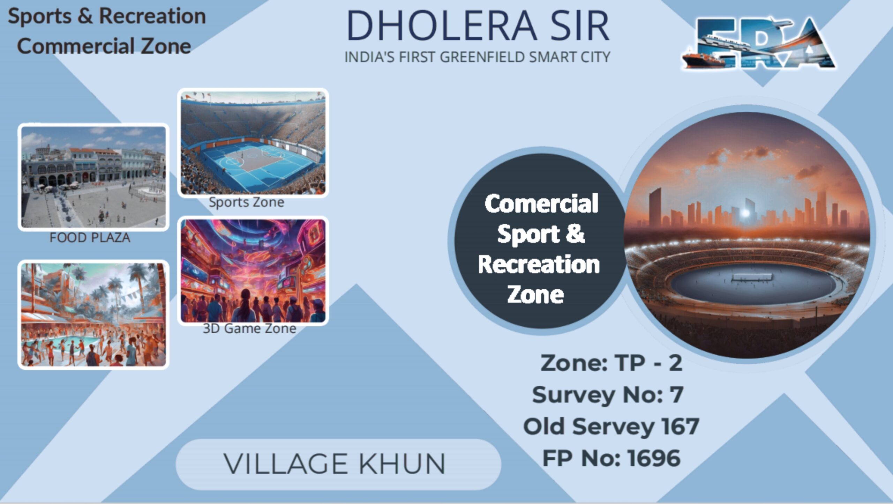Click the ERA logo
pos(759,44)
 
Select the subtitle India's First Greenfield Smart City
pos(477,57)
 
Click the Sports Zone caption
pos(246,202)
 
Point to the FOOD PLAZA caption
pos(90,238)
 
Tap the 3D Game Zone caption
pos(249,328)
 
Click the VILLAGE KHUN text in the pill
pos(334,464)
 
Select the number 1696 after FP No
pos(654,458)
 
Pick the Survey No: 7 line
pos(608,395)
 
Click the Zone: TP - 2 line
pos(611,363)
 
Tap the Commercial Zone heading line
pos(104,46)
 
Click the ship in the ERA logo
pos(703,60)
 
